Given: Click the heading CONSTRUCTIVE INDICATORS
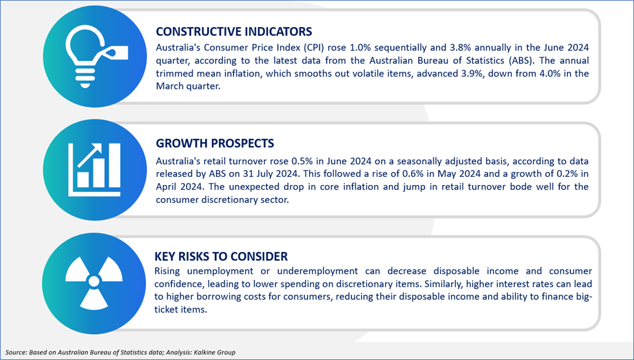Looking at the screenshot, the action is (x=234, y=31).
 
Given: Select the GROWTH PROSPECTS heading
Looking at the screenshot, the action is (x=214, y=143).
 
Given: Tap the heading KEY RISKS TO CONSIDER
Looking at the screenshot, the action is (x=221, y=256).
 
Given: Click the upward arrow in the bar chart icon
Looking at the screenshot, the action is (x=89, y=155).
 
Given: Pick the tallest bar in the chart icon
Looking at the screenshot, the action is (x=113, y=165).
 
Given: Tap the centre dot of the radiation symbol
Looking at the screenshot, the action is (x=94, y=281).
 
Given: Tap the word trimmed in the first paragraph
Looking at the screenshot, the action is (x=174, y=73).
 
